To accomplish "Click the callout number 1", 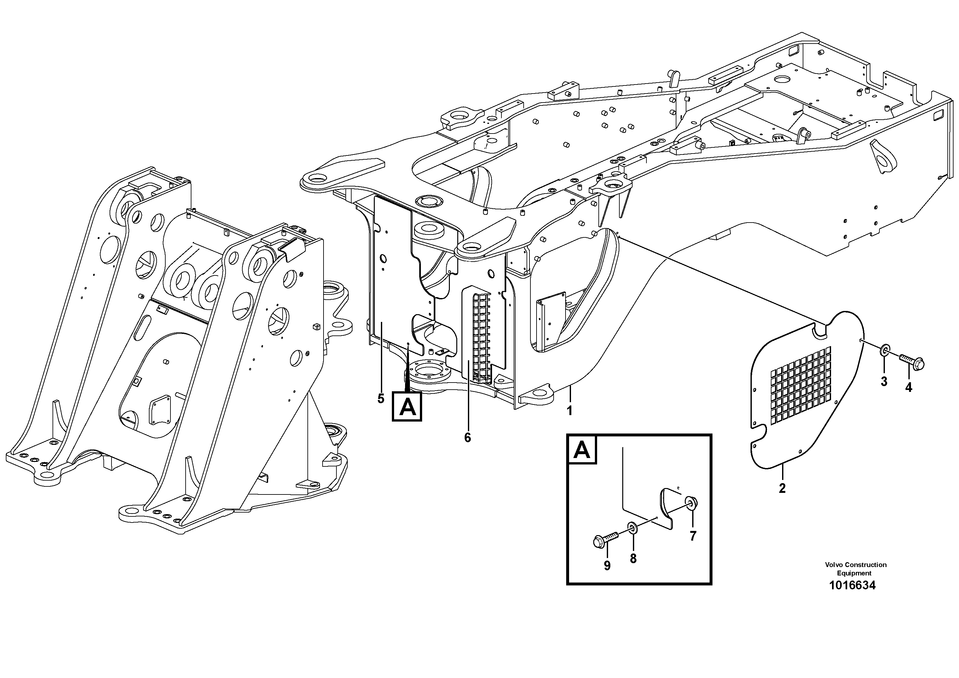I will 569,411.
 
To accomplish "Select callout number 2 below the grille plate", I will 782,488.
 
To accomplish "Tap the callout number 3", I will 884,381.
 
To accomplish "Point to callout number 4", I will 908,387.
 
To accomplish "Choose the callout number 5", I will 381,398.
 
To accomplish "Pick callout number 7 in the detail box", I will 693,536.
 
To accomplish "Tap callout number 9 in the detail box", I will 607,565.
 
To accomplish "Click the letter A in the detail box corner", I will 582,450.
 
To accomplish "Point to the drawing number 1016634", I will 852,585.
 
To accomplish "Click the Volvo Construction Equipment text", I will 856,568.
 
